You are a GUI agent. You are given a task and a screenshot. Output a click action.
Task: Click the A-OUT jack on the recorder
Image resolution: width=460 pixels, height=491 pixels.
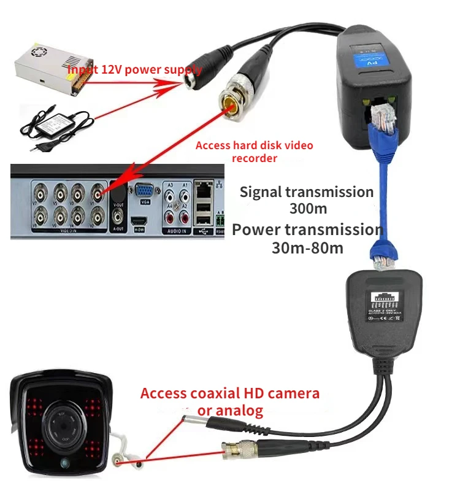click(119, 216)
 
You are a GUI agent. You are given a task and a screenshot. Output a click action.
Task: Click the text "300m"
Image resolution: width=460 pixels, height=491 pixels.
click(307, 208)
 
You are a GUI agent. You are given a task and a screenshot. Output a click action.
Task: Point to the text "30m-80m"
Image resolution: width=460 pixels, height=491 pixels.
click(307, 248)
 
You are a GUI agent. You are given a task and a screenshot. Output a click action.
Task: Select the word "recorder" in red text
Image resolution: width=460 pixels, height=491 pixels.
click(254, 158)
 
